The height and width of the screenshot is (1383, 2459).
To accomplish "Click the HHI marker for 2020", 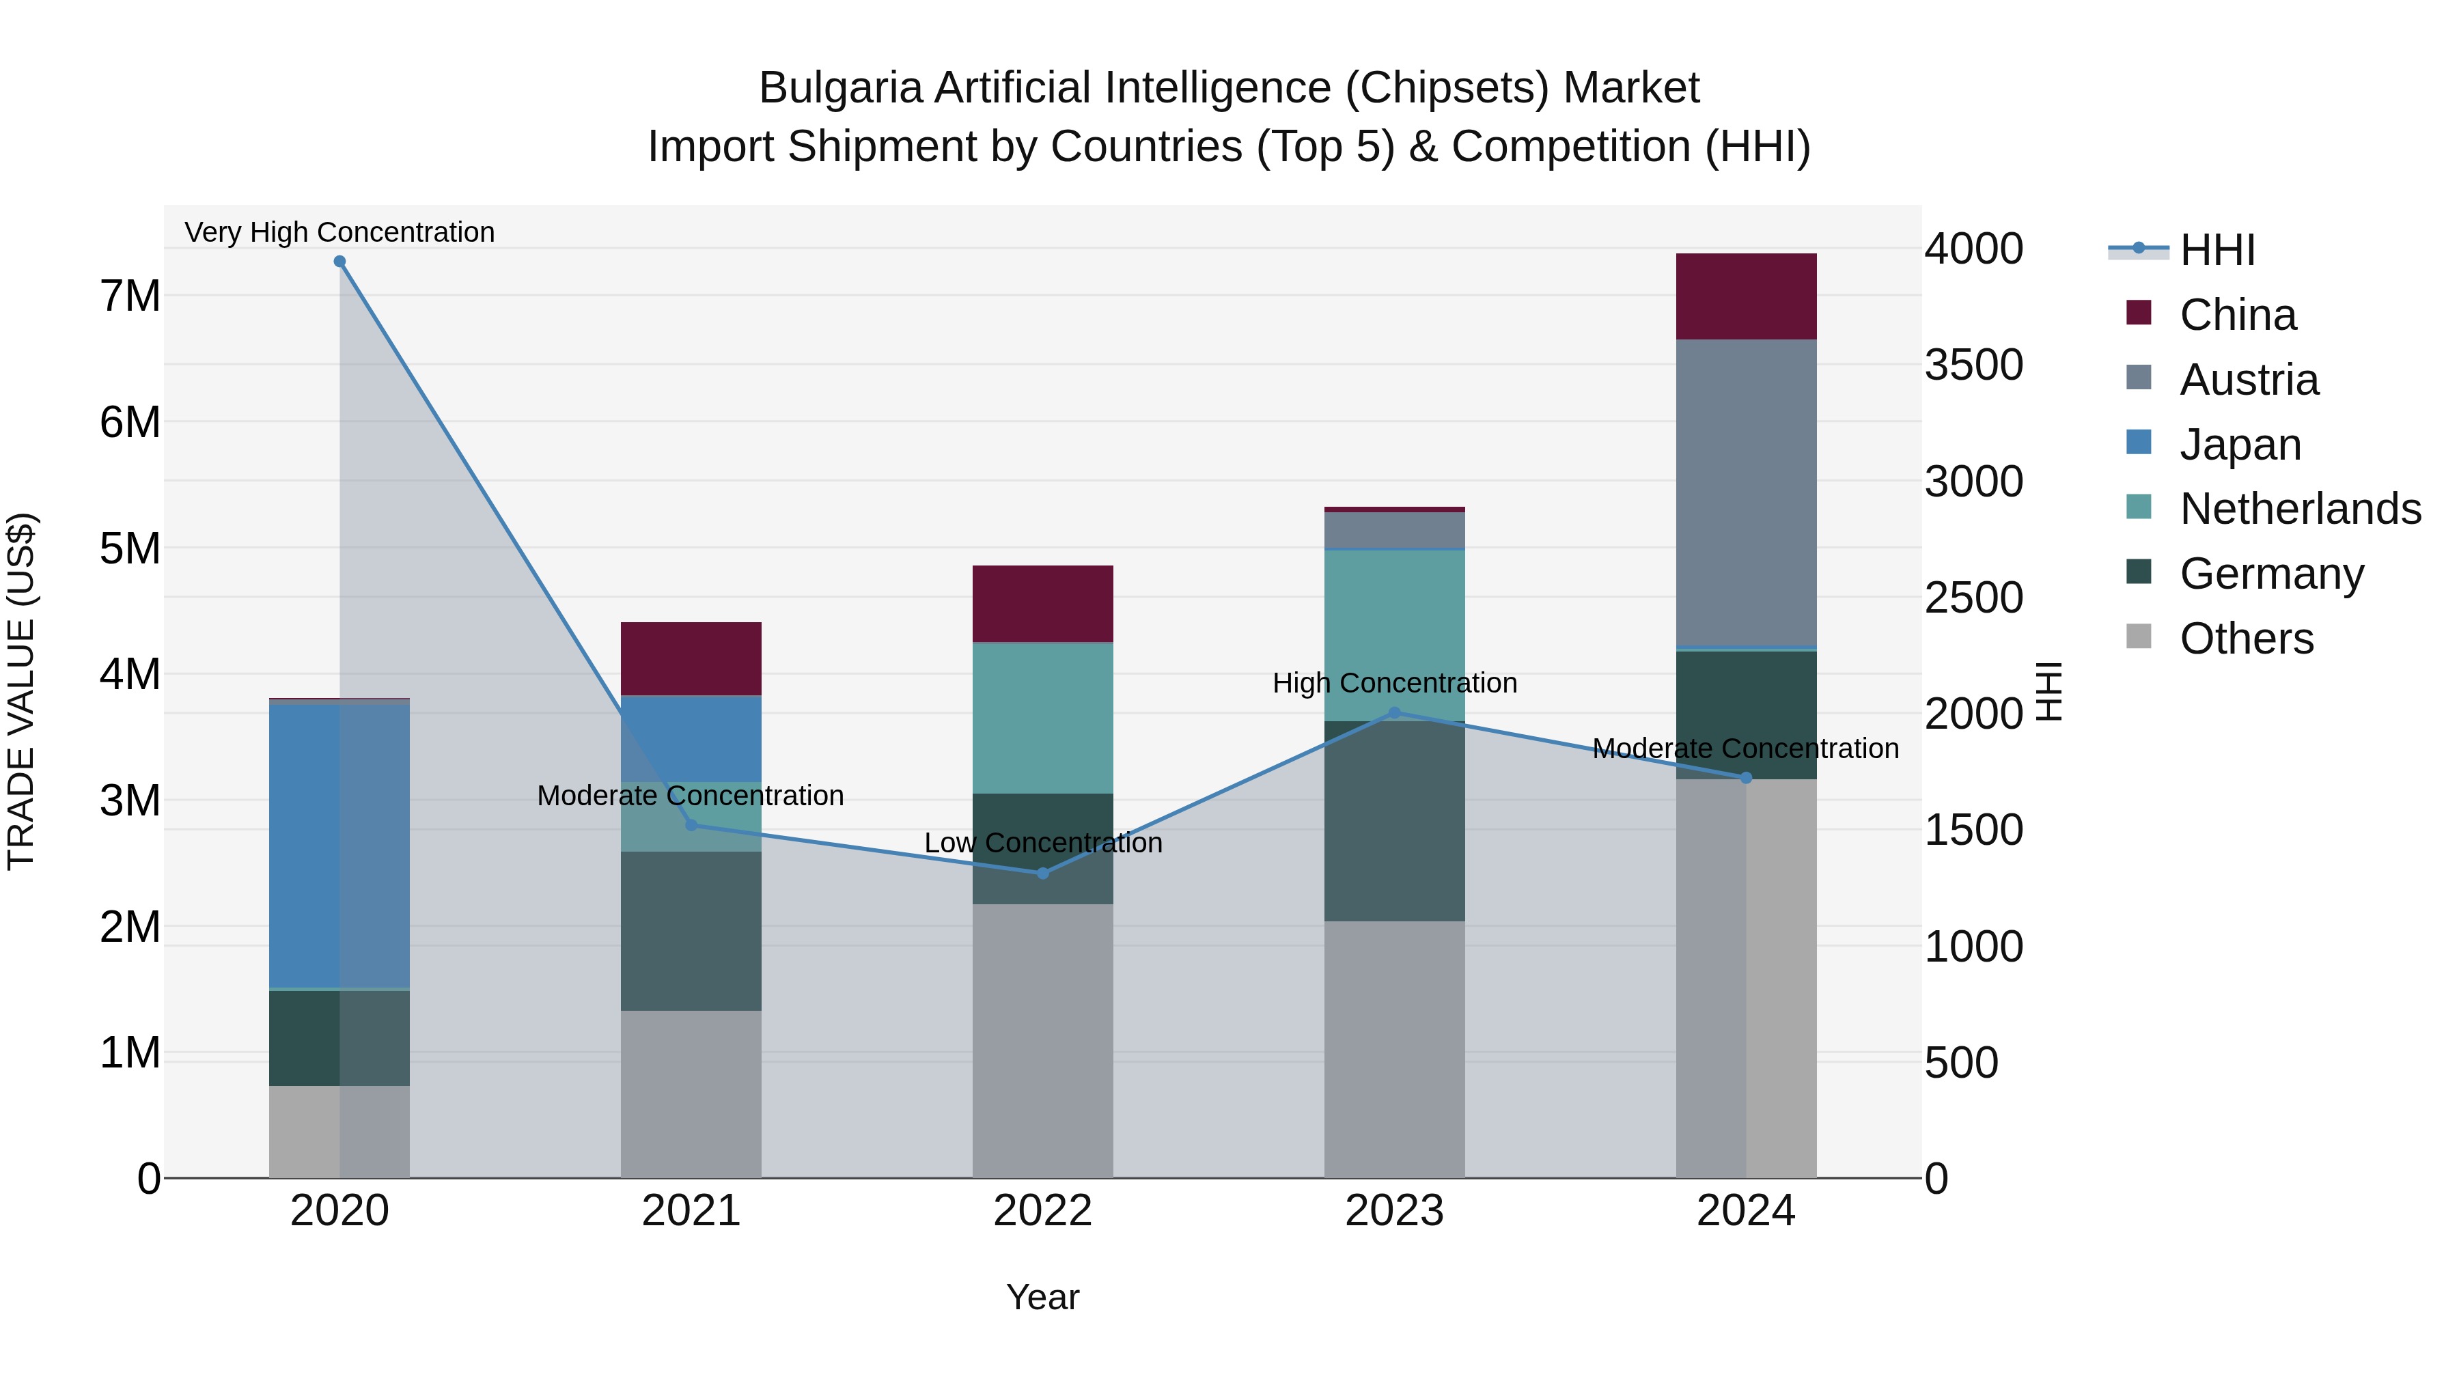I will pos(340,262).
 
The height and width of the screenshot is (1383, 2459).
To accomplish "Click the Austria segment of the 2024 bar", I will pos(1746,494).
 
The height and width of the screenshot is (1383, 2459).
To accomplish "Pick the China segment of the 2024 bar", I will pos(1746,297).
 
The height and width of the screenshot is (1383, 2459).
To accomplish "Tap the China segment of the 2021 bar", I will pos(691,658).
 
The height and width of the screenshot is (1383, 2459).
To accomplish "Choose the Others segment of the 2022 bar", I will pos(1042,1040).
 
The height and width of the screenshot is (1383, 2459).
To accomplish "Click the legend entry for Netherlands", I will pos(2300,509).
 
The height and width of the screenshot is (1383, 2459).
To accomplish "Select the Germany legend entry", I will pos(2271,574).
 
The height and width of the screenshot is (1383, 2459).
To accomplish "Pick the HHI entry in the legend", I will pos(2217,250).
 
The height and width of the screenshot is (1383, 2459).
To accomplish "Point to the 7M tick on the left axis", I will pos(130,296).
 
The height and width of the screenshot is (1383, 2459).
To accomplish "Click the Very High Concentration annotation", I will pos(340,232).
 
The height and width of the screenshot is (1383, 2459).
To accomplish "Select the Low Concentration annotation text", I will pos(1042,843).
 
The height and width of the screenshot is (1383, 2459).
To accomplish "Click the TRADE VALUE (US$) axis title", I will pos(22,691).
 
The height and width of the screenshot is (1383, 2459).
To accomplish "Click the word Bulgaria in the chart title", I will pos(840,88).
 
